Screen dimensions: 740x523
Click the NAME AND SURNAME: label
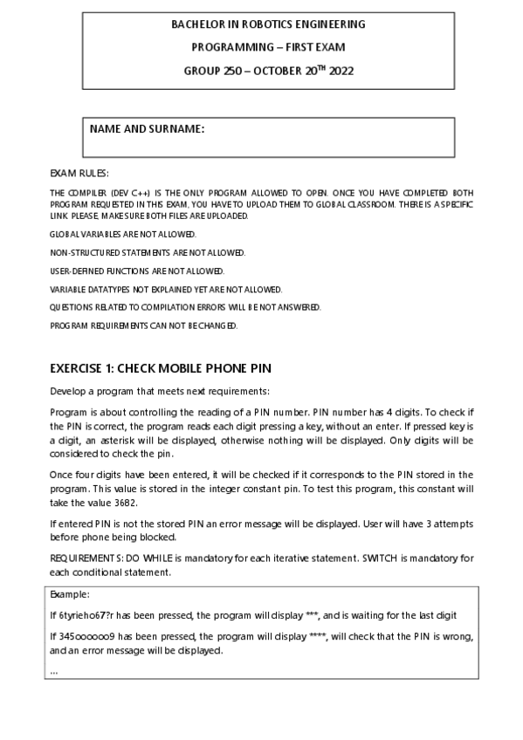click(147, 129)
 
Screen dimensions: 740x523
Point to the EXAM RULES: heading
click(79, 173)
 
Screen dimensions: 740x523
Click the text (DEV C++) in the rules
click(114, 192)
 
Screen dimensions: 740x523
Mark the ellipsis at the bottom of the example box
click(54, 671)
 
